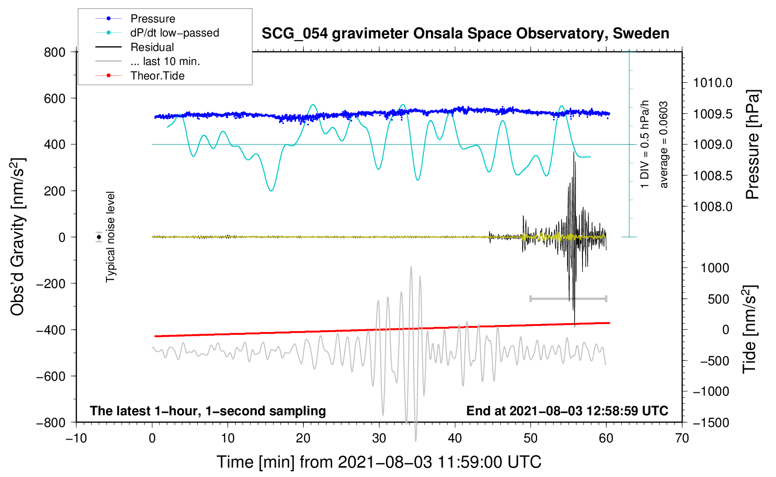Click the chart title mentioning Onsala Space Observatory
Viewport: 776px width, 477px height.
pos(465,34)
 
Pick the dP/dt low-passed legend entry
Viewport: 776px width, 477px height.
pos(174,33)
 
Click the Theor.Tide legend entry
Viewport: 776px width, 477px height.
pos(157,76)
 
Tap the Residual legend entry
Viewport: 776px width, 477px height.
pos(152,47)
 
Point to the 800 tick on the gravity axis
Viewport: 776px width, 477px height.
pos(55,52)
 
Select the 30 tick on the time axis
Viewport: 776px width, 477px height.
pos(379,438)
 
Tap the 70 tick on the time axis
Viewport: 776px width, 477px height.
pos(682,438)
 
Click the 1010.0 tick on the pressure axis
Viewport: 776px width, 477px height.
pos(712,83)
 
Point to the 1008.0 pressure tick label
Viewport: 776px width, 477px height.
pos(712,207)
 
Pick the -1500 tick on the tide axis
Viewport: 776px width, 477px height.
pos(711,422)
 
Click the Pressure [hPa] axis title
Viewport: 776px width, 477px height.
pos(753,145)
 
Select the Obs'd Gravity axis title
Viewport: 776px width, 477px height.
pos(18,237)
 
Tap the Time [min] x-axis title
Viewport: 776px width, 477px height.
pos(379,462)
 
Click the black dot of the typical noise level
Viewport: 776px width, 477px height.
pos(99,237)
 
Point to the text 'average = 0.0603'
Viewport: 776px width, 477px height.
pos(664,145)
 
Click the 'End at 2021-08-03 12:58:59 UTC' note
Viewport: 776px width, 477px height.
pos(567,411)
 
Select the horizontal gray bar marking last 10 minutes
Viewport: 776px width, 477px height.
pos(568,298)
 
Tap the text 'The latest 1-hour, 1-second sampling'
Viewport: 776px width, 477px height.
pos(208,411)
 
